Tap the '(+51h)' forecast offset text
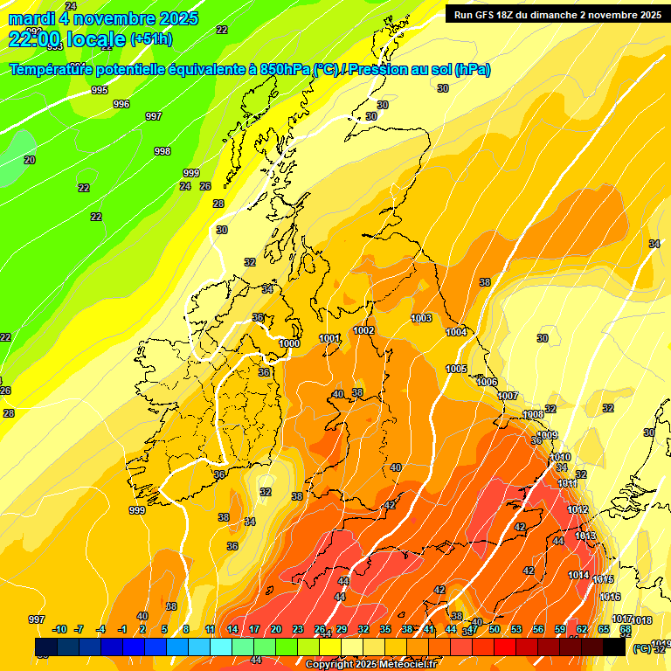(x=151, y=39)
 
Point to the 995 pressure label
(x=100, y=90)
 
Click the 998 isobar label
(x=162, y=151)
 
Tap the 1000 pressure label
(x=289, y=343)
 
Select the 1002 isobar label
(x=363, y=330)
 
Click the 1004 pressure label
(x=456, y=332)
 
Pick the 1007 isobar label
(x=508, y=396)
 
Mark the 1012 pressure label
(x=578, y=509)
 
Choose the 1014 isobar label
(x=578, y=574)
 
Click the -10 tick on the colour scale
(x=59, y=629)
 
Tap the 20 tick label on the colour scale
(x=276, y=629)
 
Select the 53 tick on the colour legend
(x=516, y=629)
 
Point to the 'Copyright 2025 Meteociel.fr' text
(x=370, y=664)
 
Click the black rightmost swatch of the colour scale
(x=614, y=647)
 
